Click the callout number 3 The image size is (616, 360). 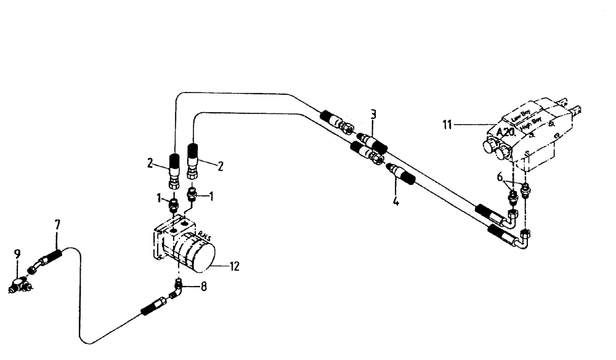pos(373,114)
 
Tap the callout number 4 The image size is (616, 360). pos(395,200)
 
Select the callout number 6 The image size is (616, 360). pos(501,177)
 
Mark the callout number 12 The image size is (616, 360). pos(234,266)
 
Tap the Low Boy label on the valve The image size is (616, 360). pos(519,115)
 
